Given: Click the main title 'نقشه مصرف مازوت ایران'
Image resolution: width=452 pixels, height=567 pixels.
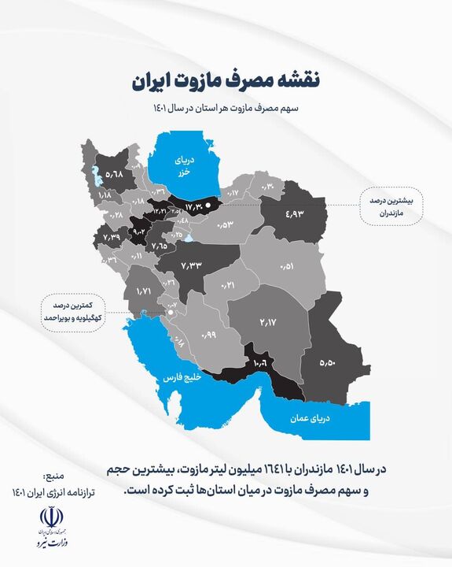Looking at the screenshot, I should [226, 80].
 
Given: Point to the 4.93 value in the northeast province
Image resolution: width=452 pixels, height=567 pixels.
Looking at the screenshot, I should [293, 213].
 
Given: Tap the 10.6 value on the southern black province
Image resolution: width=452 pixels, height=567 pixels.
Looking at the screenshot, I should [261, 363].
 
